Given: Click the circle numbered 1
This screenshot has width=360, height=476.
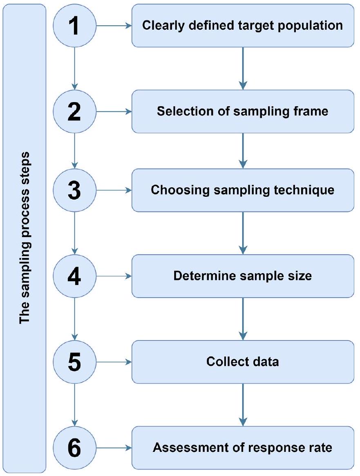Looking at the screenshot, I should [x=74, y=25].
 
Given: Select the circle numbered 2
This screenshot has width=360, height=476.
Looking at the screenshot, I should [x=74, y=111].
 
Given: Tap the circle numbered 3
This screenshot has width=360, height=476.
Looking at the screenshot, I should [x=74, y=190].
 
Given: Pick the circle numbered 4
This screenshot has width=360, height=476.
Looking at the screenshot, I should [x=74, y=276].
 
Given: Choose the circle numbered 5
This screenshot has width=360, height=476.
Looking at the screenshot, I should [x=74, y=362].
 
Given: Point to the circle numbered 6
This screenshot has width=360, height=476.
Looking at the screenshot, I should [x=74, y=447].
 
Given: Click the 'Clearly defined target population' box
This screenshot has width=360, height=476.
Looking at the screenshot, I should [x=243, y=26].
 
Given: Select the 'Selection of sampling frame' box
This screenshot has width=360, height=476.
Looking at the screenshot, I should [x=243, y=111].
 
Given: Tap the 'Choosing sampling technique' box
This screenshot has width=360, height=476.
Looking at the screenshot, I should [x=243, y=190].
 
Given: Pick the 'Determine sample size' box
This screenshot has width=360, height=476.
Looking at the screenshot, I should [x=243, y=276].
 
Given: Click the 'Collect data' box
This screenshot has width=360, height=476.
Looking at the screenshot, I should [x=243, y=362].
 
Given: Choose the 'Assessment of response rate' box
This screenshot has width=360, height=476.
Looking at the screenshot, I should [x=243, y=447].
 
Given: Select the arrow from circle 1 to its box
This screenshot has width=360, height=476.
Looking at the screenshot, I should [x=113, y=26].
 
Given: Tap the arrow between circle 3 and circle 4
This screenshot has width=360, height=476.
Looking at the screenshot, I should [x=74, y=233].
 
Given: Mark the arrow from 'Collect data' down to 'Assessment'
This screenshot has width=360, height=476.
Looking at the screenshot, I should [x=243, y=404].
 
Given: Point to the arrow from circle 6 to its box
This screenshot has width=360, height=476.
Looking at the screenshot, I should [x=113, y=448].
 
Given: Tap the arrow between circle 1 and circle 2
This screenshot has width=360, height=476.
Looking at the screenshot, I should [x=74, y=67].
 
